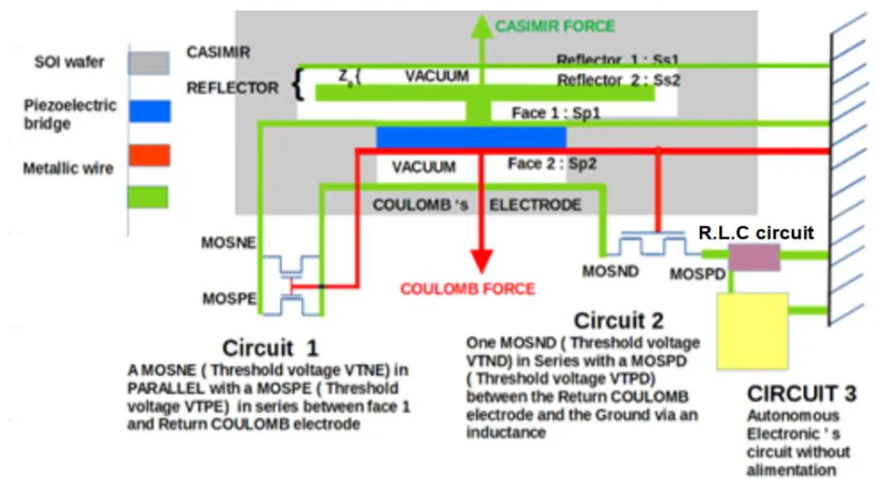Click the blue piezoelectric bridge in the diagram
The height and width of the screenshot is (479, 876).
[471, 138]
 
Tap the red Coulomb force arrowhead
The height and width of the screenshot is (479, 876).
[482, 261]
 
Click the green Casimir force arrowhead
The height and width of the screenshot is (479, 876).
[482, 26]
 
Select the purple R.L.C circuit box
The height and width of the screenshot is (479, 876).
[755, 256]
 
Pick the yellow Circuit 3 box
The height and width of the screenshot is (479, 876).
[753, 331]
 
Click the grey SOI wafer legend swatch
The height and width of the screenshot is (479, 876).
[149, 63]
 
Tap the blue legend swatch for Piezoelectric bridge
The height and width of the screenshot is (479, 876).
[150, 111]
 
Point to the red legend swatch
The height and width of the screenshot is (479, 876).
[149, 155]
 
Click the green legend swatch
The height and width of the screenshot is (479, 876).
[148, 197]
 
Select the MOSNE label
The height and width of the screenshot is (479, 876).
[228, 243]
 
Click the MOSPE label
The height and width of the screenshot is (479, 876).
[229, 298]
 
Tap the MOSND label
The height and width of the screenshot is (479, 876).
[610, 271]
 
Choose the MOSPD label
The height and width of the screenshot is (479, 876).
[697, 274]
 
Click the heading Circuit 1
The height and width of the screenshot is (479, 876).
[270, 348]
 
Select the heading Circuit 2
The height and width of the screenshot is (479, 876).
[619, 320]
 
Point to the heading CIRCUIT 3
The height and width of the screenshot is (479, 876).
[801, 393]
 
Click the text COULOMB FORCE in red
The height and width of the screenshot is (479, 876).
[467, 288]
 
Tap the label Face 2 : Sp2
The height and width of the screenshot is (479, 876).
[552, 163]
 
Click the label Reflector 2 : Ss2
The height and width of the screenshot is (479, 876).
[619, 80]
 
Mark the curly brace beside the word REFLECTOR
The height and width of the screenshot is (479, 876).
[298, 84]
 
